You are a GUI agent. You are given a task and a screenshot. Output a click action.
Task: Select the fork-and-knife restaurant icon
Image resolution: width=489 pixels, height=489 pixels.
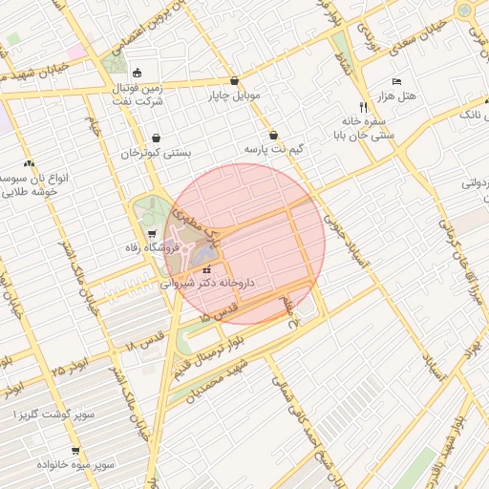tap(363, 107)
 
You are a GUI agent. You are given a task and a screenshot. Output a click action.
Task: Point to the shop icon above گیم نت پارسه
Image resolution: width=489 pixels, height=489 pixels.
tap(274, 136)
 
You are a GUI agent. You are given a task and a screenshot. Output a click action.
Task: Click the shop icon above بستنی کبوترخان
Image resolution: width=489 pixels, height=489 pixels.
tap(156, 138)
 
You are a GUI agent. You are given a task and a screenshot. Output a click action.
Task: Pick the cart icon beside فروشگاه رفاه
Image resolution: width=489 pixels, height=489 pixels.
tap(152, 234)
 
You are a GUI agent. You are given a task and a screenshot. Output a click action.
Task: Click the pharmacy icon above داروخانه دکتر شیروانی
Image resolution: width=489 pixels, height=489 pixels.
tap(207, 270)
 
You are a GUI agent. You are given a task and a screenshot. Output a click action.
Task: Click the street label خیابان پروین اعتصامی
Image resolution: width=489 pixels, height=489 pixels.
tap(122, 26)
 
